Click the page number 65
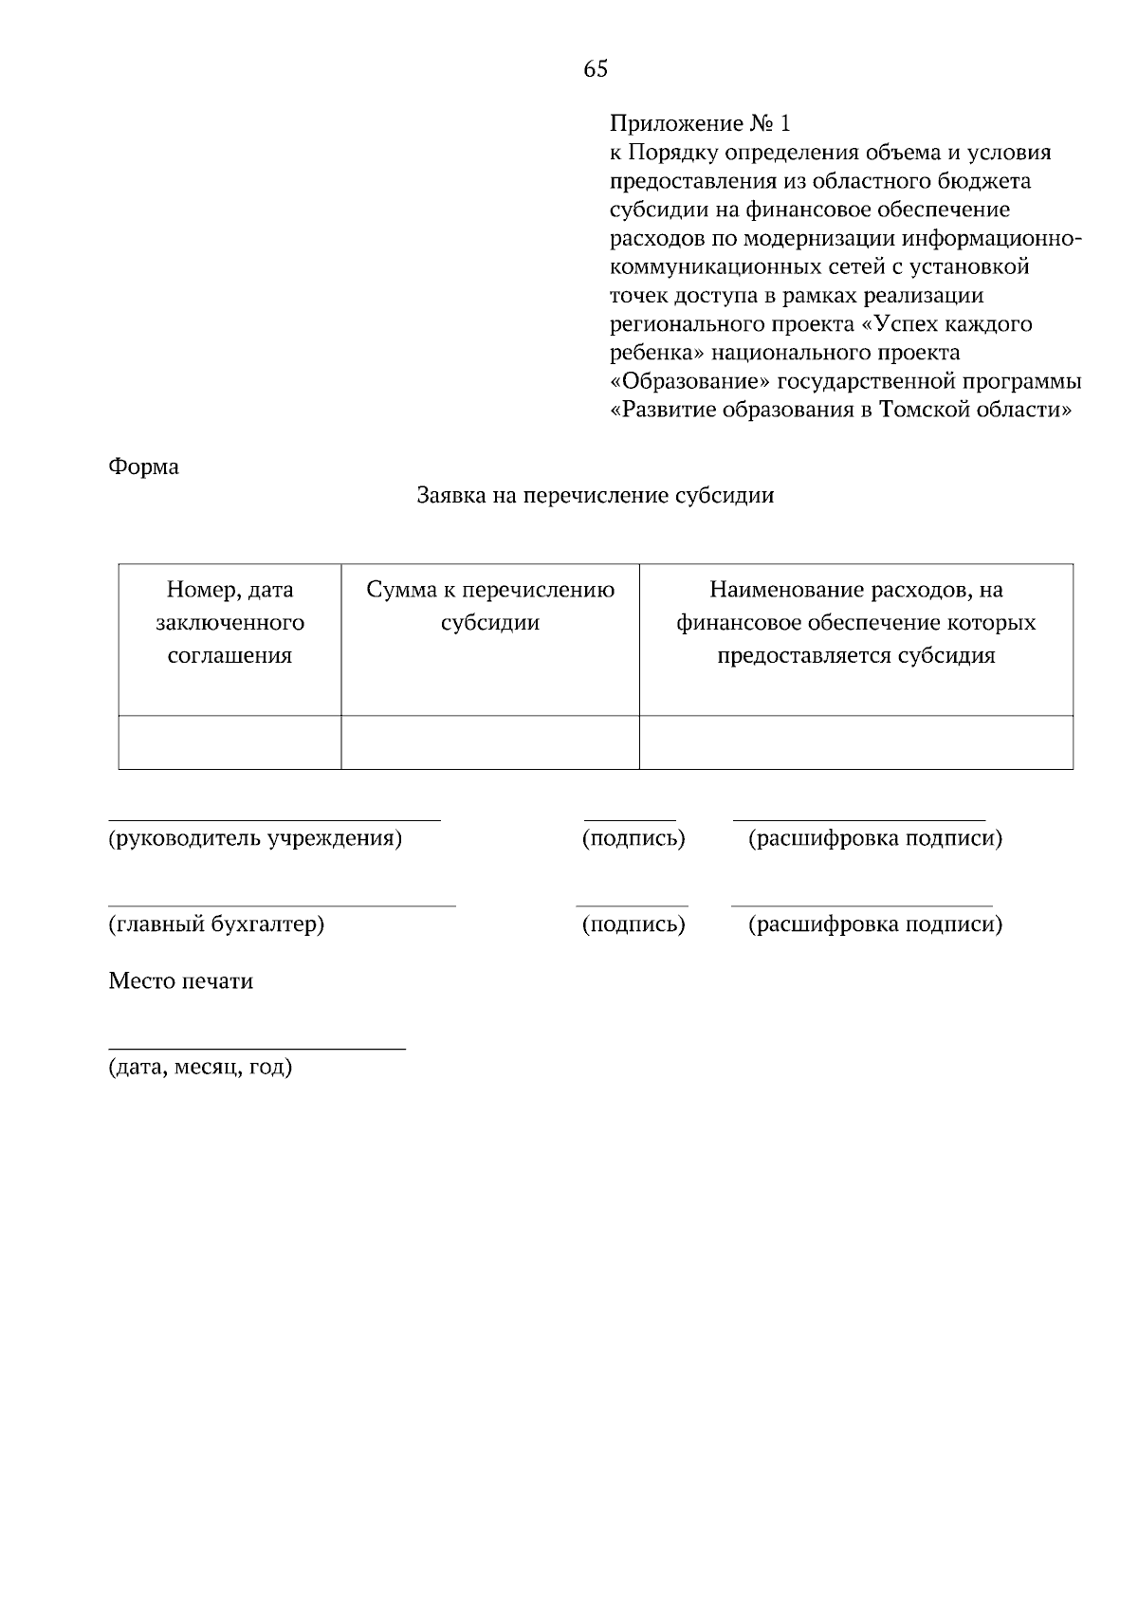[596, 68]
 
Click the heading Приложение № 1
[699, 123]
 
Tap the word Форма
[143, 467]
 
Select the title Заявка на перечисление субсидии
[596, 495]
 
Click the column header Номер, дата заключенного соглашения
[229, 623]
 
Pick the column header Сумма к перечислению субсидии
[490, 606]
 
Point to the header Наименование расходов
[855, 623]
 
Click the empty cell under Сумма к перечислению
[490, 742]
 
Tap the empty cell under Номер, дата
[229, 742]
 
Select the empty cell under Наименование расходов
[855, 742]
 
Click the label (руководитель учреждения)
[255, 838]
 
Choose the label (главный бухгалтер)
[216, 924]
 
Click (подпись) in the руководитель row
[633, 838]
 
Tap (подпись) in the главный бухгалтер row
[633, 924]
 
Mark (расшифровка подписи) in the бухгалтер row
[874, 924]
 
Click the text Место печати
[180, 980]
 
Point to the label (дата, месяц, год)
[200, 1068]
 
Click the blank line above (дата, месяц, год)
[256, 1048]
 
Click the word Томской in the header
[924, 411]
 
